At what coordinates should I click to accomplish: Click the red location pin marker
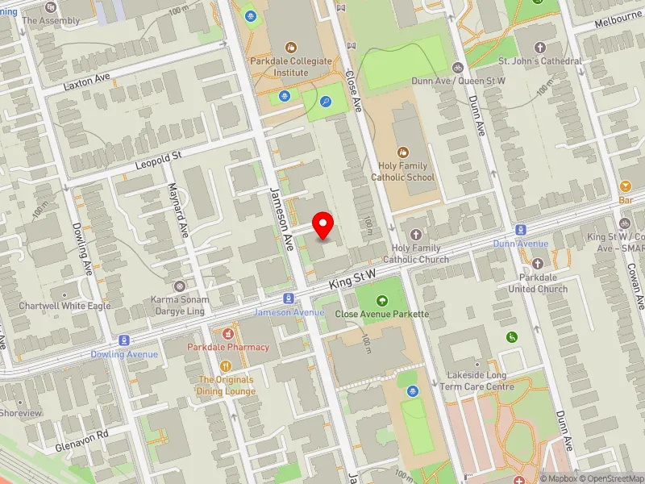[323, 223]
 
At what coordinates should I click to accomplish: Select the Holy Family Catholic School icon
[403, 152]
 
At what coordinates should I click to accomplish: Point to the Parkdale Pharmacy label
[228, 347]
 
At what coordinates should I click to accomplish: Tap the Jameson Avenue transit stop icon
[287, 299]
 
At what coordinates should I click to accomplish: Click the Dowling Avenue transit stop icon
[124, 340]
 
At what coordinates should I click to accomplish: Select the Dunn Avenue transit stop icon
[521, 231]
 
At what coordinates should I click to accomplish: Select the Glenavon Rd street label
[81, 434]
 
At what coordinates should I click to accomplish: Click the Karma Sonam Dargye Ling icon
[179, 286]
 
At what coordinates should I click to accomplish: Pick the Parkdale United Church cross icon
[538, 263]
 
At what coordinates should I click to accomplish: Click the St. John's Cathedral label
[539, 61]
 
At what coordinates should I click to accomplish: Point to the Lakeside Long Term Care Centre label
[477, 382]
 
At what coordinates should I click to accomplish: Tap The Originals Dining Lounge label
[226, 386]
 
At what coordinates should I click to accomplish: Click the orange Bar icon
[625, 186]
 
